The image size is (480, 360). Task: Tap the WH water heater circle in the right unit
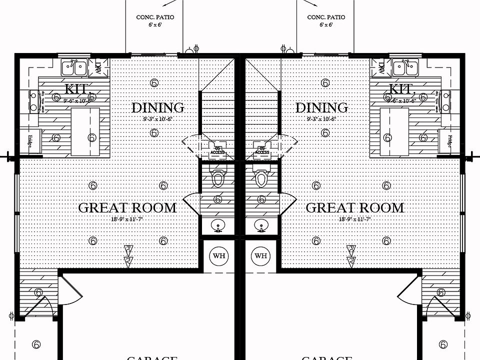260,256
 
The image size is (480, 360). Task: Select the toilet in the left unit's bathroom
218,178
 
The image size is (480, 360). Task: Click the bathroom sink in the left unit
218,226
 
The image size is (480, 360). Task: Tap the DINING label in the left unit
157,107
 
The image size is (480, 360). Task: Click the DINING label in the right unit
322,107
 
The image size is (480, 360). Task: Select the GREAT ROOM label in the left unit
127,208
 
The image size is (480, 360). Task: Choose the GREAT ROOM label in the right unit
354,208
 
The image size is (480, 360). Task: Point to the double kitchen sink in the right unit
402,66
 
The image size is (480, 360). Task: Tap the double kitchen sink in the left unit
74,66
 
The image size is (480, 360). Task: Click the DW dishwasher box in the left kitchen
97,66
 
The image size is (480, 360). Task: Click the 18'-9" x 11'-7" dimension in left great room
127,219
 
